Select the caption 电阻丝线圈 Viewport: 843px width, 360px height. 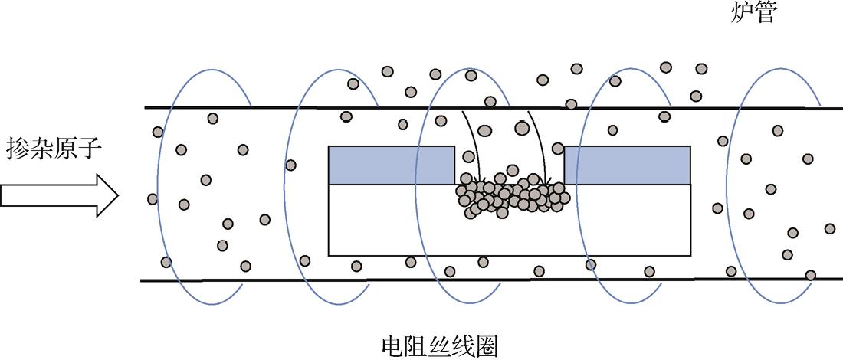(439, 347)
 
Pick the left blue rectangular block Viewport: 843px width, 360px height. (391, 165)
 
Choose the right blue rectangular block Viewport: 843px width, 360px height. (628, 165)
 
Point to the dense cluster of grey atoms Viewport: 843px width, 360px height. (511, 196)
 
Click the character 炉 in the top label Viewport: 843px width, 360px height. (740, 13)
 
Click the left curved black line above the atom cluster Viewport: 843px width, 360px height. (470, 142)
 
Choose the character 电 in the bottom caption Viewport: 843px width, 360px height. (392, 347)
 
